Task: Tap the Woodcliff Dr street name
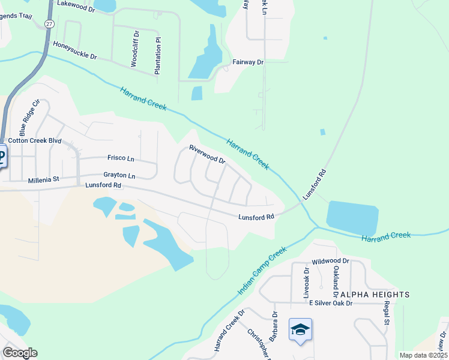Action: pyautogui.click(x=135, y=47)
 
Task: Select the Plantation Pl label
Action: pyautogui.click(x=158, y=56)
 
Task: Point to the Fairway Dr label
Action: pyautogui.click(x=248, y=62)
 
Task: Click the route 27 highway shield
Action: pyautogui.click(x=49, y=23)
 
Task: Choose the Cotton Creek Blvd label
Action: pyautogui.click(x=35, y=140)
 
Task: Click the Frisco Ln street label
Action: pyautogui.click(x=121, y=158)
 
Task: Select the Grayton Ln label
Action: pyautogui.click(x=119, y=175)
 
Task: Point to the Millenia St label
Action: pyautogui.click(x=44, y=179)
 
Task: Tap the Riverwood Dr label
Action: pyautogui.click(x=206, y=154)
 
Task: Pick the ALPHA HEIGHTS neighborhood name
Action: pyautogui.click(x=375, y=295)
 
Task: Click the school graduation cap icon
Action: pyautogui.click(x=300, y=329)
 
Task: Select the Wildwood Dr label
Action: pyautogui.click(x=330, y=262)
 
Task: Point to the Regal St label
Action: pyautogui.click(x=387, y=313)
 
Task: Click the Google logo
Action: pyautogui.click(x=20, y=353)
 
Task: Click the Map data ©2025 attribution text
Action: pyautogui.click(x=423, y=355)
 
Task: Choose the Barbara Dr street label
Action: pyautogui.click(x=274, y=322)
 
